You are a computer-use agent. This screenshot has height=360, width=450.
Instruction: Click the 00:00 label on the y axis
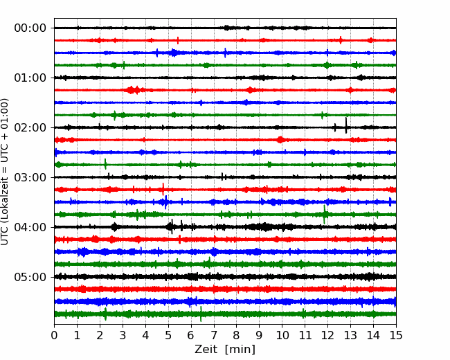pyautogui.click(x=30, y=28)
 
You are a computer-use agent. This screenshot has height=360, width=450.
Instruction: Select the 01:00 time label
pyautogui.click(x=30, y=78)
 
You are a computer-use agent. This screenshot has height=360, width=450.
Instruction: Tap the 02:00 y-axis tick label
pyautogui.click(x=30, y=127)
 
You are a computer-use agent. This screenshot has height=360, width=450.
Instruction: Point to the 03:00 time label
pyautogui.click(x=30, y=177)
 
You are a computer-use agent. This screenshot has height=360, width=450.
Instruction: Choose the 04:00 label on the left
pyautogui.click(x=30, y=227)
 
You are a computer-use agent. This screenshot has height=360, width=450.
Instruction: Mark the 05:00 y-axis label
pyautogui.click(x=30, y=277)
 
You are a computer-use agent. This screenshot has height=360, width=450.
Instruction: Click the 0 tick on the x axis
pyautogui.click(x=54, y=335)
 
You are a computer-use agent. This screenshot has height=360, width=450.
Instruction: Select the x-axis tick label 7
pyautogui.click(x=214, y=335)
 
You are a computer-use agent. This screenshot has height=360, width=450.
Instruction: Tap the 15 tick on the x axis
pyautogui.click(x=396, y=335)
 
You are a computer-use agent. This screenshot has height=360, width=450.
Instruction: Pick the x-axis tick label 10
pyautogui.click(x=282, y=335)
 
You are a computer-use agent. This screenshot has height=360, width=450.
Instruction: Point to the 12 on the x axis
pyautogui.click(x=327, y=335)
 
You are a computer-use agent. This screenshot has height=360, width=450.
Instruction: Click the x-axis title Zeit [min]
pyautogui.click(x=225, y=350)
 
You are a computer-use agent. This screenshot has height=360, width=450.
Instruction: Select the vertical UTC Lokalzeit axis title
pyautogui.click(x=5, y=172)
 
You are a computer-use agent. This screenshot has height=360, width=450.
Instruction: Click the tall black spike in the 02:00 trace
pyautogui.click(x=346, y=125)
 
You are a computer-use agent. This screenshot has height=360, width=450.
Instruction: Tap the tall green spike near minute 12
pyautogui.click(x=325, y=215)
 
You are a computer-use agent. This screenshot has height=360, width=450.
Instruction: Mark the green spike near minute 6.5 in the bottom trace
pyautogui.click(x=201, y=314)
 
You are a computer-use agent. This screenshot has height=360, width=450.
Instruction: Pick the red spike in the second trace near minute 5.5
pyautogui.click(x=178, y=40)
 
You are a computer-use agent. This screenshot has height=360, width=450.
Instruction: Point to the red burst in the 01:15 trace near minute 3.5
pyautogui.click(x=133, y=90)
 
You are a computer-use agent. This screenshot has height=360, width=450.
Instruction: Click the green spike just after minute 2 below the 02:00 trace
pyautogui.click(x=105, y=164)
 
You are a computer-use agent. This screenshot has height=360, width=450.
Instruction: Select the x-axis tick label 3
pyautogui.click(x=123, y=335)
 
